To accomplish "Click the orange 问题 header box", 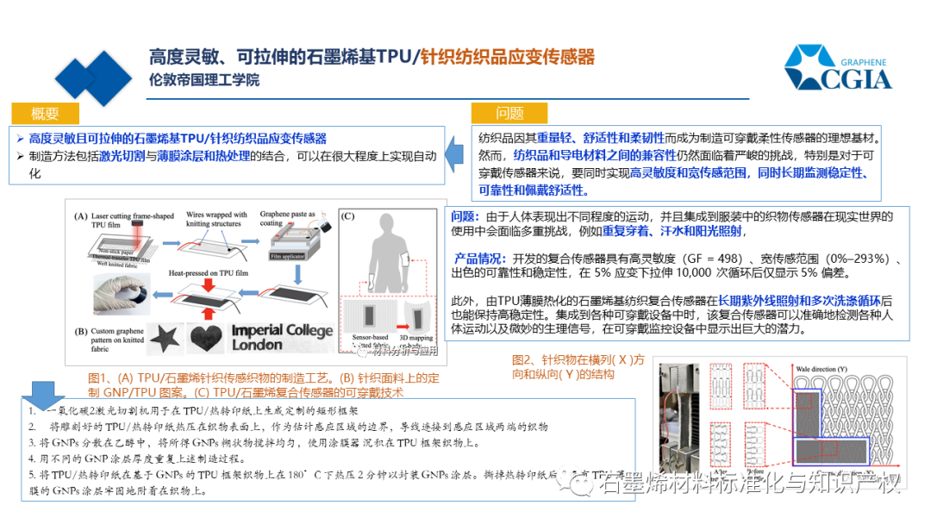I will point(509,114).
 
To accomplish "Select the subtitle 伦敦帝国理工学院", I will point(203,80).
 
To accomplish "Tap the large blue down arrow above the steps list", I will point(37,396).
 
